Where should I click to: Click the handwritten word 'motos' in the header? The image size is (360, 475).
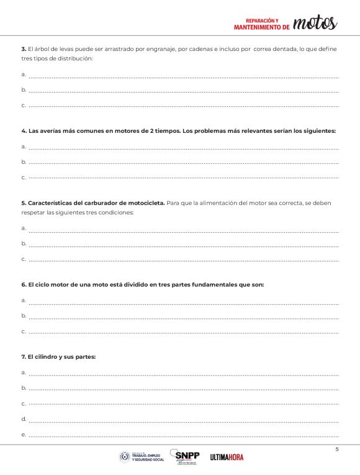pyautogui.click(x=315, y=23)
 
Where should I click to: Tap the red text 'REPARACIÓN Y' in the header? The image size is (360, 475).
pyautogui.click(x=263, y=20)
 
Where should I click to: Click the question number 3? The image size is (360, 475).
pyautogui.click(x=23, y=48)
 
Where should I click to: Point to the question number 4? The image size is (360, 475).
pyautogui.click(x=23, y=131)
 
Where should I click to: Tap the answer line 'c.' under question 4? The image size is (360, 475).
pyautogui.click(x=183, y=178)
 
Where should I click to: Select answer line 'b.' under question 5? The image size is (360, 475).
pyautogui.click(x=183, y=244)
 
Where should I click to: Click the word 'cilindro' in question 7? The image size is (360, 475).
pyautogui.click(x=48, y=357)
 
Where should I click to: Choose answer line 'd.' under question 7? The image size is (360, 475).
pyautogui.click(x=183, y=419)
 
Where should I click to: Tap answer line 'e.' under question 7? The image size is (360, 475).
pyautogui.click(x=183, y=435)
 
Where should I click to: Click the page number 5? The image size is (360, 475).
pyautogui.click(x=337, y=449)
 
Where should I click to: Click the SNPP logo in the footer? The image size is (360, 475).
pyautogui.click(x=187, y=456)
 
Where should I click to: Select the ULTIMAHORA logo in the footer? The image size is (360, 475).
pyautogui.click(x=227, y=458)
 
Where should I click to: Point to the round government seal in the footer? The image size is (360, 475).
pyautogui.click(x=125, y=457)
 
